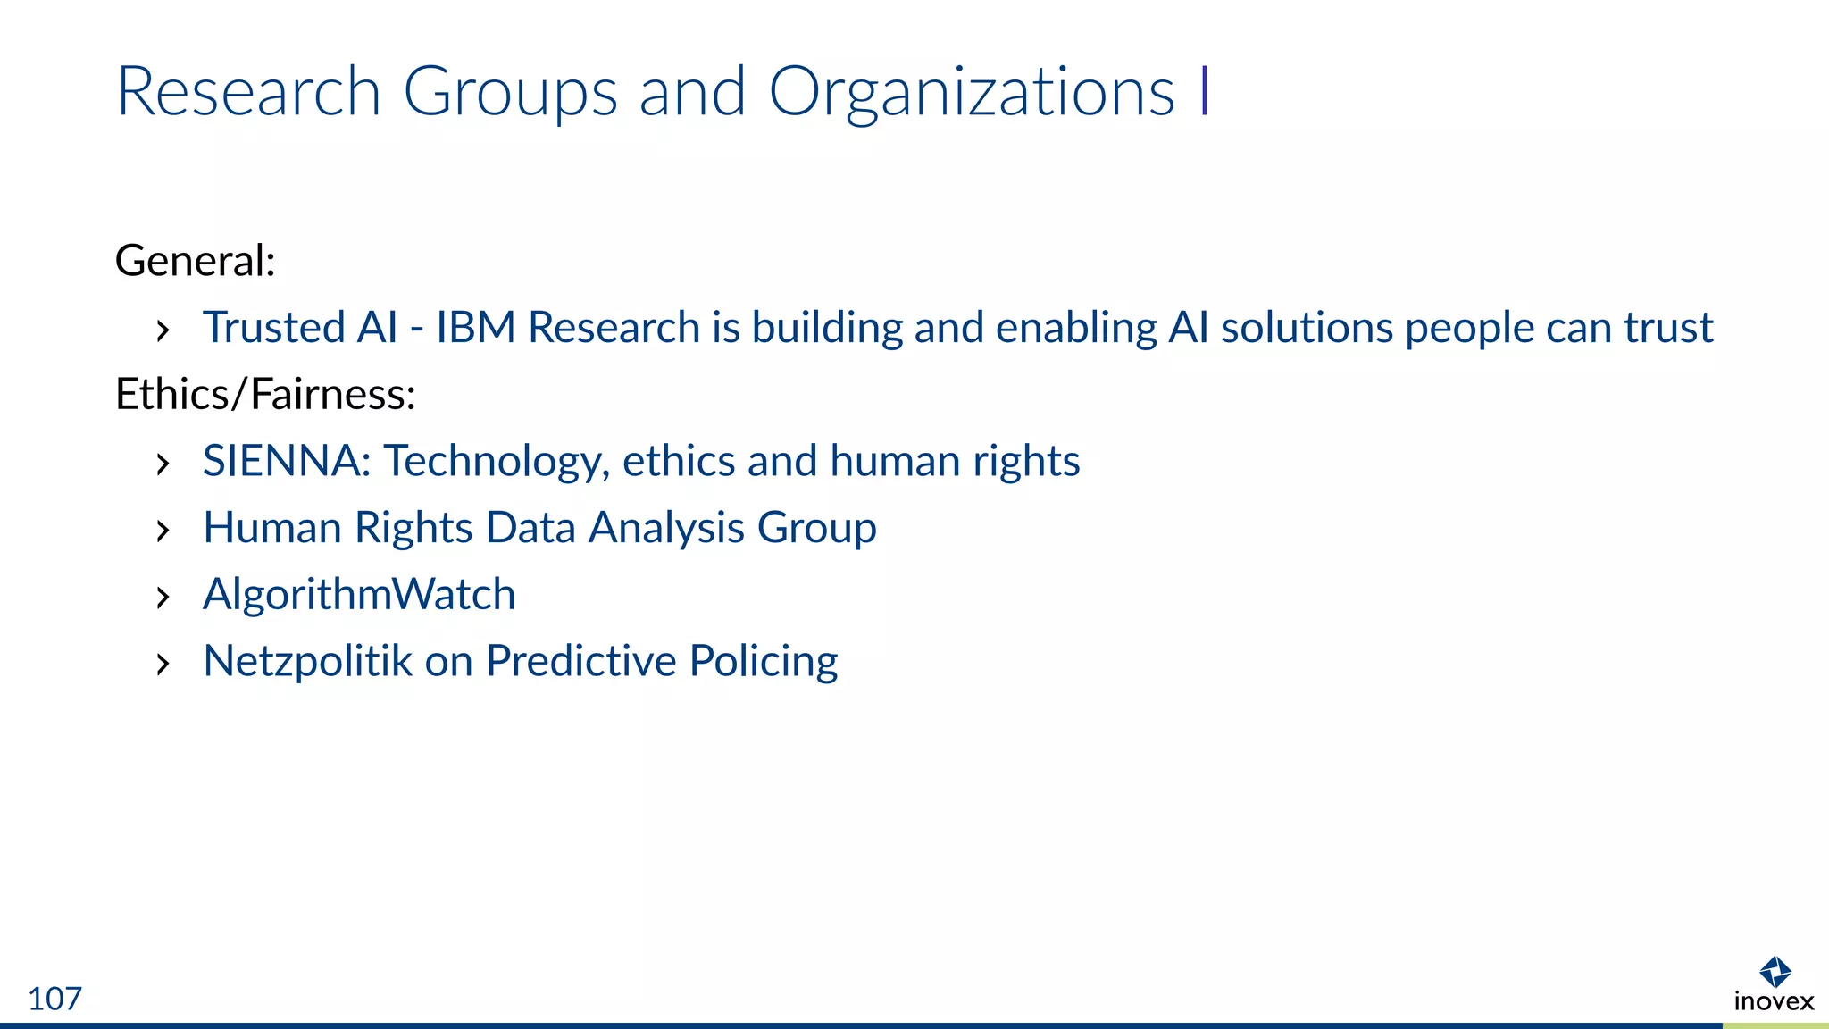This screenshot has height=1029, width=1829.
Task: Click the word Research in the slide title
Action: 248,92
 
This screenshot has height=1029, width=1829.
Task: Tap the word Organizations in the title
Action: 971,92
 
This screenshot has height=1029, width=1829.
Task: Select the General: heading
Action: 195,261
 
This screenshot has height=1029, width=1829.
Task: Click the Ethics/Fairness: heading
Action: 265,394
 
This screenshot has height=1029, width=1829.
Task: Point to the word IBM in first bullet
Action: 475,327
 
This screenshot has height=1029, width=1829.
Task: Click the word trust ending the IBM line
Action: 1668,327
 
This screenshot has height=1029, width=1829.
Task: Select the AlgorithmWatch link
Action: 359,594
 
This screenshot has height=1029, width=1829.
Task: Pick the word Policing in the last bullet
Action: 763,661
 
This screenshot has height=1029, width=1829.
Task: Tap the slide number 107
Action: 54,999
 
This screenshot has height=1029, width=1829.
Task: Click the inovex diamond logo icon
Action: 1775,972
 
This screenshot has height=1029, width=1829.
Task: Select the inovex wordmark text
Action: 1774,1001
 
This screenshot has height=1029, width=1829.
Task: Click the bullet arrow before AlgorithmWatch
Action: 163,598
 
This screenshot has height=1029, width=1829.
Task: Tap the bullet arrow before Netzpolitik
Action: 163,665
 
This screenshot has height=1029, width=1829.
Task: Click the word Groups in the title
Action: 510,92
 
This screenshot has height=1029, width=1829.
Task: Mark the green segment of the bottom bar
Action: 1775,1025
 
